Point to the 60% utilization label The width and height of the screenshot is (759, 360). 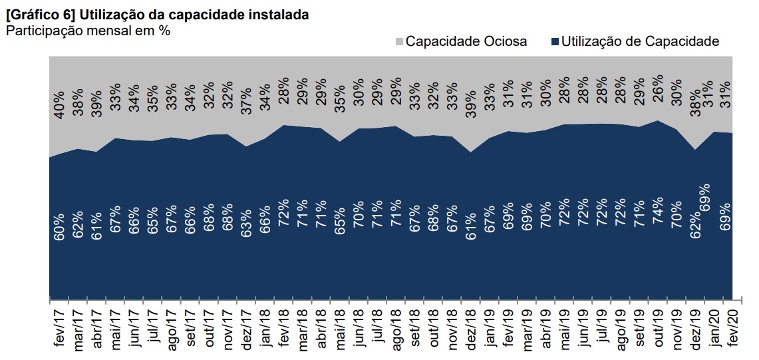[59, 226]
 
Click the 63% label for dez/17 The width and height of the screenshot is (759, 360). [246, 226]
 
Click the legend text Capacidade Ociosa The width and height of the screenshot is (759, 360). [466, 41]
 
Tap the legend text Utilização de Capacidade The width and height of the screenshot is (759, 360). [640, 41]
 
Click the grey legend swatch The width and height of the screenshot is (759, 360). [399, 42]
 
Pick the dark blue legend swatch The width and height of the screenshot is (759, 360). [555, 42]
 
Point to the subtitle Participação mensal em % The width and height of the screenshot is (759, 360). [87, 30]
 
